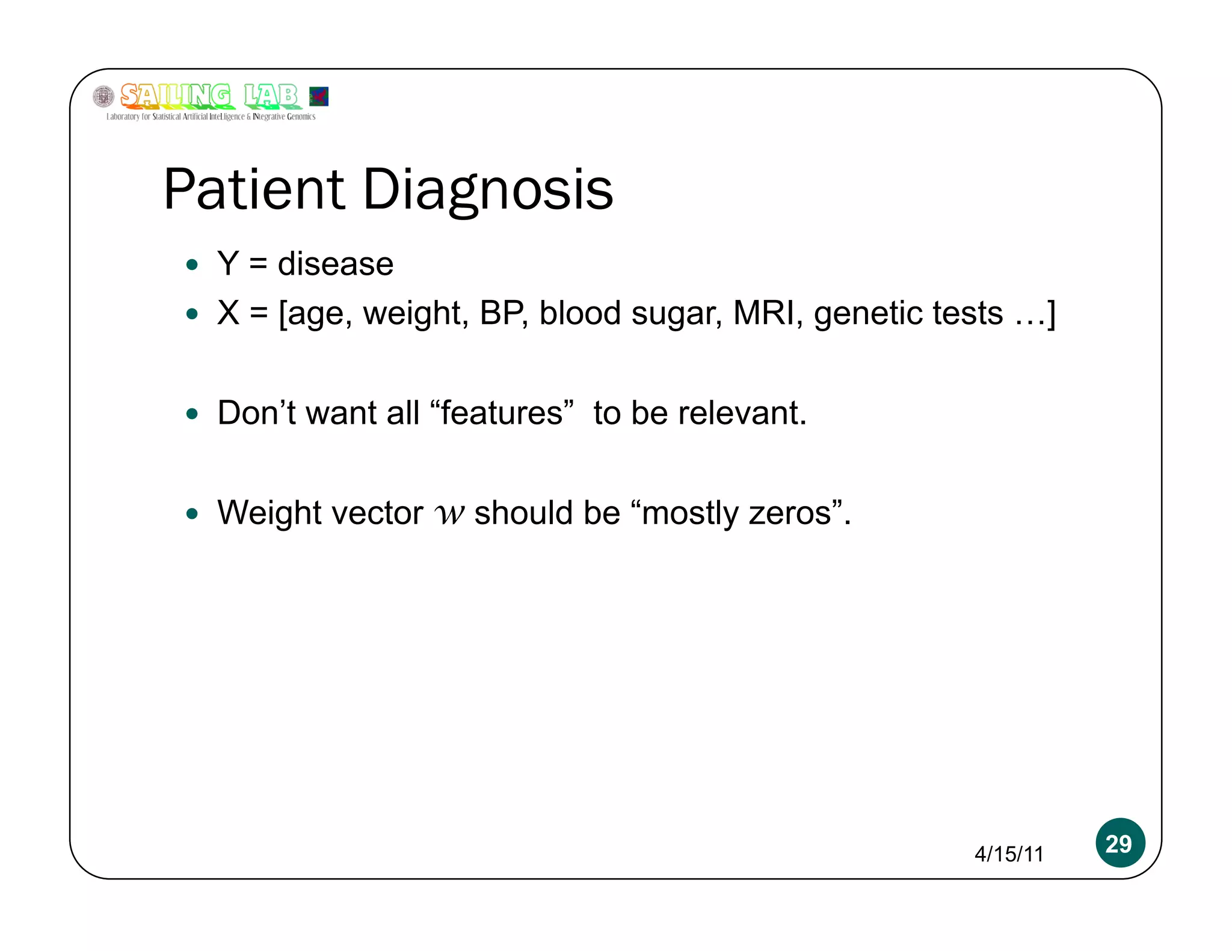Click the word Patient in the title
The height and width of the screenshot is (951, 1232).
253,190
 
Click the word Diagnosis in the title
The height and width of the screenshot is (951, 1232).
487,190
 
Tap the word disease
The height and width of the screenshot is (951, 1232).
335,265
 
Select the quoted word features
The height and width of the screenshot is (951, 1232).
502,413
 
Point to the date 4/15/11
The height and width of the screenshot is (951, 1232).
1009,854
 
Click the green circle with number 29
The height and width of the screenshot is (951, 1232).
1120,843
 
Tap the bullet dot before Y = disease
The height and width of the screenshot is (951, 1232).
192,265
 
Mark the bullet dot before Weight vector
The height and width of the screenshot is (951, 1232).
192,513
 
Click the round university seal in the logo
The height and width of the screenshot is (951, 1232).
103,96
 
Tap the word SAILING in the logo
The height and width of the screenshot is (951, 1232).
175,96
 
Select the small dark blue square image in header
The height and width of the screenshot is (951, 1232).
318,96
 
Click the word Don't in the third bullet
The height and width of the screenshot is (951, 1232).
257,413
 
